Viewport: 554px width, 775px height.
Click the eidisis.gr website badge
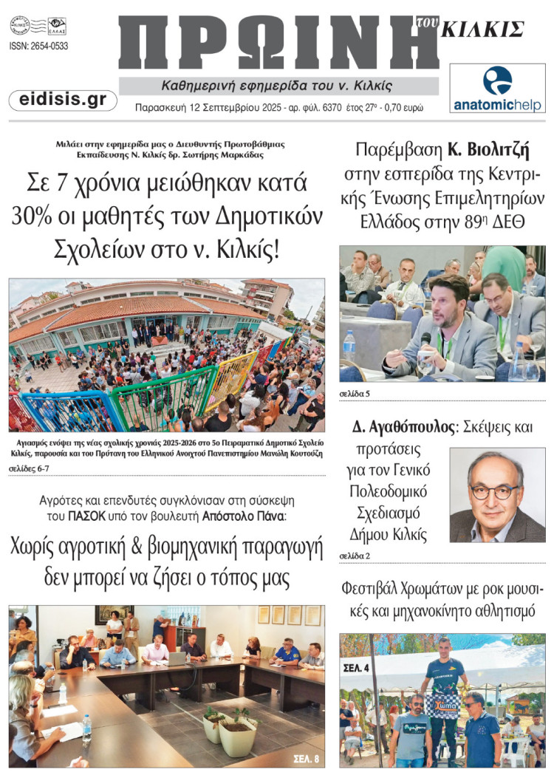[63, 100]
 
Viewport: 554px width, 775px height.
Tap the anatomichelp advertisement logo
[497, 88]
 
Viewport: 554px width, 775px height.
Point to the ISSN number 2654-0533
[38, 46]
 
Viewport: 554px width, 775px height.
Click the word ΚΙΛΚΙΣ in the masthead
[482, 30]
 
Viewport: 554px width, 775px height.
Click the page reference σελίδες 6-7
[30, 468]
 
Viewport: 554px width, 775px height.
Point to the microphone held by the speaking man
[425, 341]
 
